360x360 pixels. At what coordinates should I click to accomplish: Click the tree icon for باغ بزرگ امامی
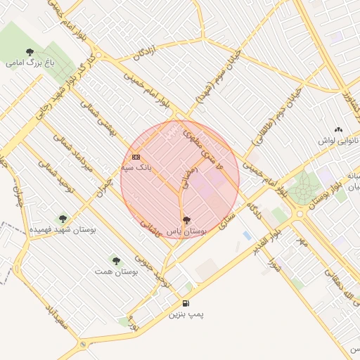[x=30, y=51]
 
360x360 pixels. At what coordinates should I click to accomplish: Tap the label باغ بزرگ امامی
[x=30, y=63]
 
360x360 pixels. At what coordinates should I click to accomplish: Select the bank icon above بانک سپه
[x=136, y=157]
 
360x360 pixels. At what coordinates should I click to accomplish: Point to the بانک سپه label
[x=136, y=167]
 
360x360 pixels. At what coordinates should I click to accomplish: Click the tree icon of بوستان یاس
[x=186, y=220]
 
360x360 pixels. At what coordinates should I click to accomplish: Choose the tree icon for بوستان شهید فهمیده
[x=63, y=219]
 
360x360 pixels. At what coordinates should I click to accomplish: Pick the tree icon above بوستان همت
[x=115, y=259]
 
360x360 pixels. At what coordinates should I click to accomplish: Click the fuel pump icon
[x=185, y=303]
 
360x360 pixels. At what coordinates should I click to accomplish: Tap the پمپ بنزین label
[x=186, y=314]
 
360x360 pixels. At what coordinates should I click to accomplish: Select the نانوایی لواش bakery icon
[x=338, y=129]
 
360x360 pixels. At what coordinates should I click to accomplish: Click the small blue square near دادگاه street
[x=246, y=234]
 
